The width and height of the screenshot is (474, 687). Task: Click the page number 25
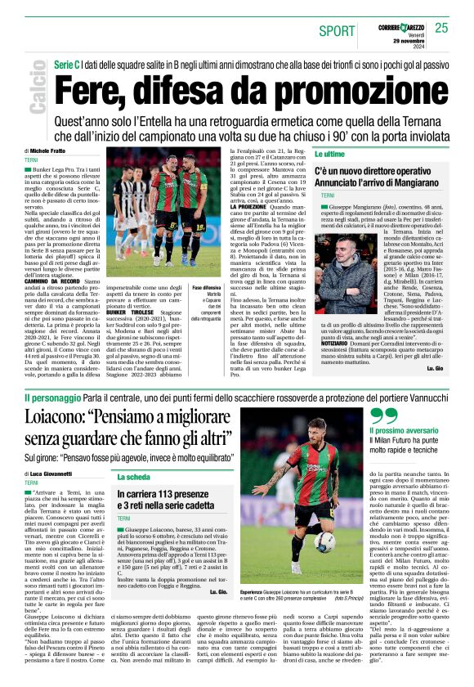(x=442, y=28)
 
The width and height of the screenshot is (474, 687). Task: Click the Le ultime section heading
(x=329, y=153)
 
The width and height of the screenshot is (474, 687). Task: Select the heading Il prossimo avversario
(x=404, y=430)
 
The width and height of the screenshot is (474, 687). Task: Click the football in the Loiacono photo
(x=324, y=541)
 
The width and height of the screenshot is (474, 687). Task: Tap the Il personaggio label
(x=50, y=397)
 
